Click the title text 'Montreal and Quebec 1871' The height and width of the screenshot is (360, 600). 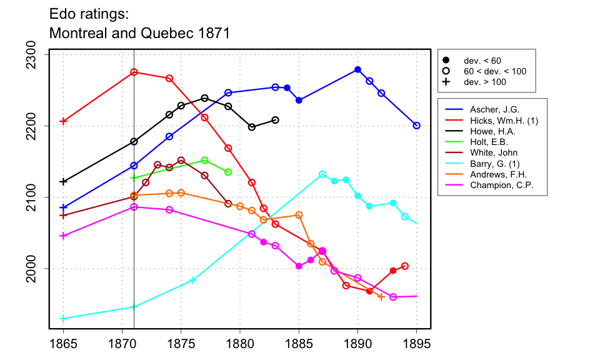(x=139, y=33)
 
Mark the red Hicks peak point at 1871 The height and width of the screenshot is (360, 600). (x=134, y=72)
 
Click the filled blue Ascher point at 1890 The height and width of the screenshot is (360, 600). (x=357, y=69)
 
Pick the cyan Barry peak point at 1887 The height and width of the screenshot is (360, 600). (x=322, y=174)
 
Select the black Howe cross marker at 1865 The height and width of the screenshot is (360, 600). (x=63, y=181)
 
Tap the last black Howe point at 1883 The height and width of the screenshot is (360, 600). (x=276, y=120)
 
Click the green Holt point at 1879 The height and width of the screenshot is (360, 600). (x=228, y=172)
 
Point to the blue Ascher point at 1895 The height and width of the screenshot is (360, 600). (x=417, y=126)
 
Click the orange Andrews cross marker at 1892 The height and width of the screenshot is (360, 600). (x=381, y=296)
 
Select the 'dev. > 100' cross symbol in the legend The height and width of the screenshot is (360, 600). (x=446, y=82)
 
